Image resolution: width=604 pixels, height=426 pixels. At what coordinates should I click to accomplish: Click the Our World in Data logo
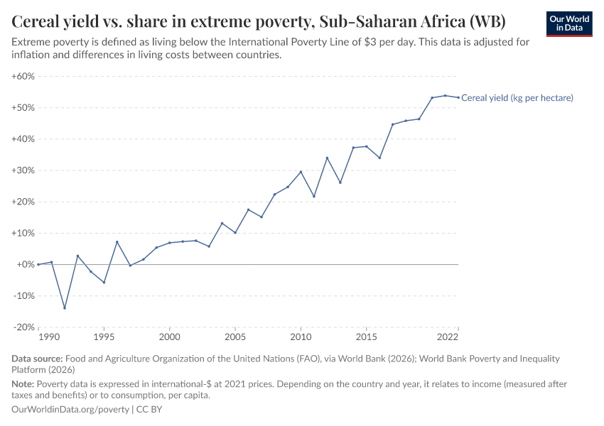568,23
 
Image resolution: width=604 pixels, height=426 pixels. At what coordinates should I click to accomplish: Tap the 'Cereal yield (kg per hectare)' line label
517,98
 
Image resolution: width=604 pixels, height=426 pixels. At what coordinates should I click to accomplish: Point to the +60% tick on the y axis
23,76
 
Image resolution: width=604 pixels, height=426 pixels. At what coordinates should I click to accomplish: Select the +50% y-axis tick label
23,108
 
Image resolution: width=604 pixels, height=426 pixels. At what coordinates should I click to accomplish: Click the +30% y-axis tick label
23,170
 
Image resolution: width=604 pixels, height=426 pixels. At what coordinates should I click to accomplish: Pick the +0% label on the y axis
26,264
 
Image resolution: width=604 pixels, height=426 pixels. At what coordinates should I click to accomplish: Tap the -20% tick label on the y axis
23,327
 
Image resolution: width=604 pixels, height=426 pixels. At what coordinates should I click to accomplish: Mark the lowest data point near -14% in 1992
65,308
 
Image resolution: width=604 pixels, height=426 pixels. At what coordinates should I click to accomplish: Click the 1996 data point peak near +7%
117,242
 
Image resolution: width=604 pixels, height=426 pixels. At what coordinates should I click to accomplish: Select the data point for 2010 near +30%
301,172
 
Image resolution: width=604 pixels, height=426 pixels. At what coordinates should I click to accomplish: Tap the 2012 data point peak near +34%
328,158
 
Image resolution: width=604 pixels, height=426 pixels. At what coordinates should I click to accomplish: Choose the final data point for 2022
458,97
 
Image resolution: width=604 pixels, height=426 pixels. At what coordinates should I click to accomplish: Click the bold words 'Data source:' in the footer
36,359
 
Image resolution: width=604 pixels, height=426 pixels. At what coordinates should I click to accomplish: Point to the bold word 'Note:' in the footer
23,384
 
